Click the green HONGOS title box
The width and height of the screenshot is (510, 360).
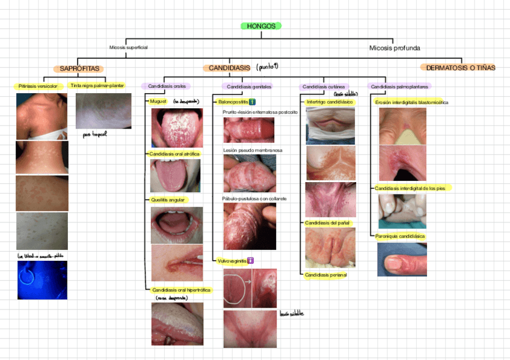point(261,26)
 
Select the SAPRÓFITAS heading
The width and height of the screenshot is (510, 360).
point(79,69)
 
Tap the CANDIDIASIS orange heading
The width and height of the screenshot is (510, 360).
point(229,69)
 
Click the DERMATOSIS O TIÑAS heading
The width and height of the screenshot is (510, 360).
point(461,68)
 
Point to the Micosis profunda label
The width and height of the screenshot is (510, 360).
point(395,47)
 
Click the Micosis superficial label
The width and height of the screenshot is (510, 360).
point(128,47)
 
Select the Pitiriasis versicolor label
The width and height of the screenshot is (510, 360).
point(38,87)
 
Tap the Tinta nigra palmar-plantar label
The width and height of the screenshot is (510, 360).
point(97,86)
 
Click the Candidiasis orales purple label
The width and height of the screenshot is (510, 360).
point(167,87)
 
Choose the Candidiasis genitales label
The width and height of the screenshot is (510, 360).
point(246,87)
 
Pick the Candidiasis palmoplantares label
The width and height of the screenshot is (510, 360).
point(395,87)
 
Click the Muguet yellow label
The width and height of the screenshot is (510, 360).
point(158,102)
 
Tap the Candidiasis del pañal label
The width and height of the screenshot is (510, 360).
point(327,222)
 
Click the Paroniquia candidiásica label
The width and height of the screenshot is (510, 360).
point(400,236)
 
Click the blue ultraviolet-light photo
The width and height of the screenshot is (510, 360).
point(42,279)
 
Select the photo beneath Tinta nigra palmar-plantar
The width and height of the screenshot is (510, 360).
point(103,111)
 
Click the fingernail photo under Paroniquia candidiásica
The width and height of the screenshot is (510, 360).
point(401,260)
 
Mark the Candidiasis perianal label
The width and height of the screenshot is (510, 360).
point(326,275)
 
